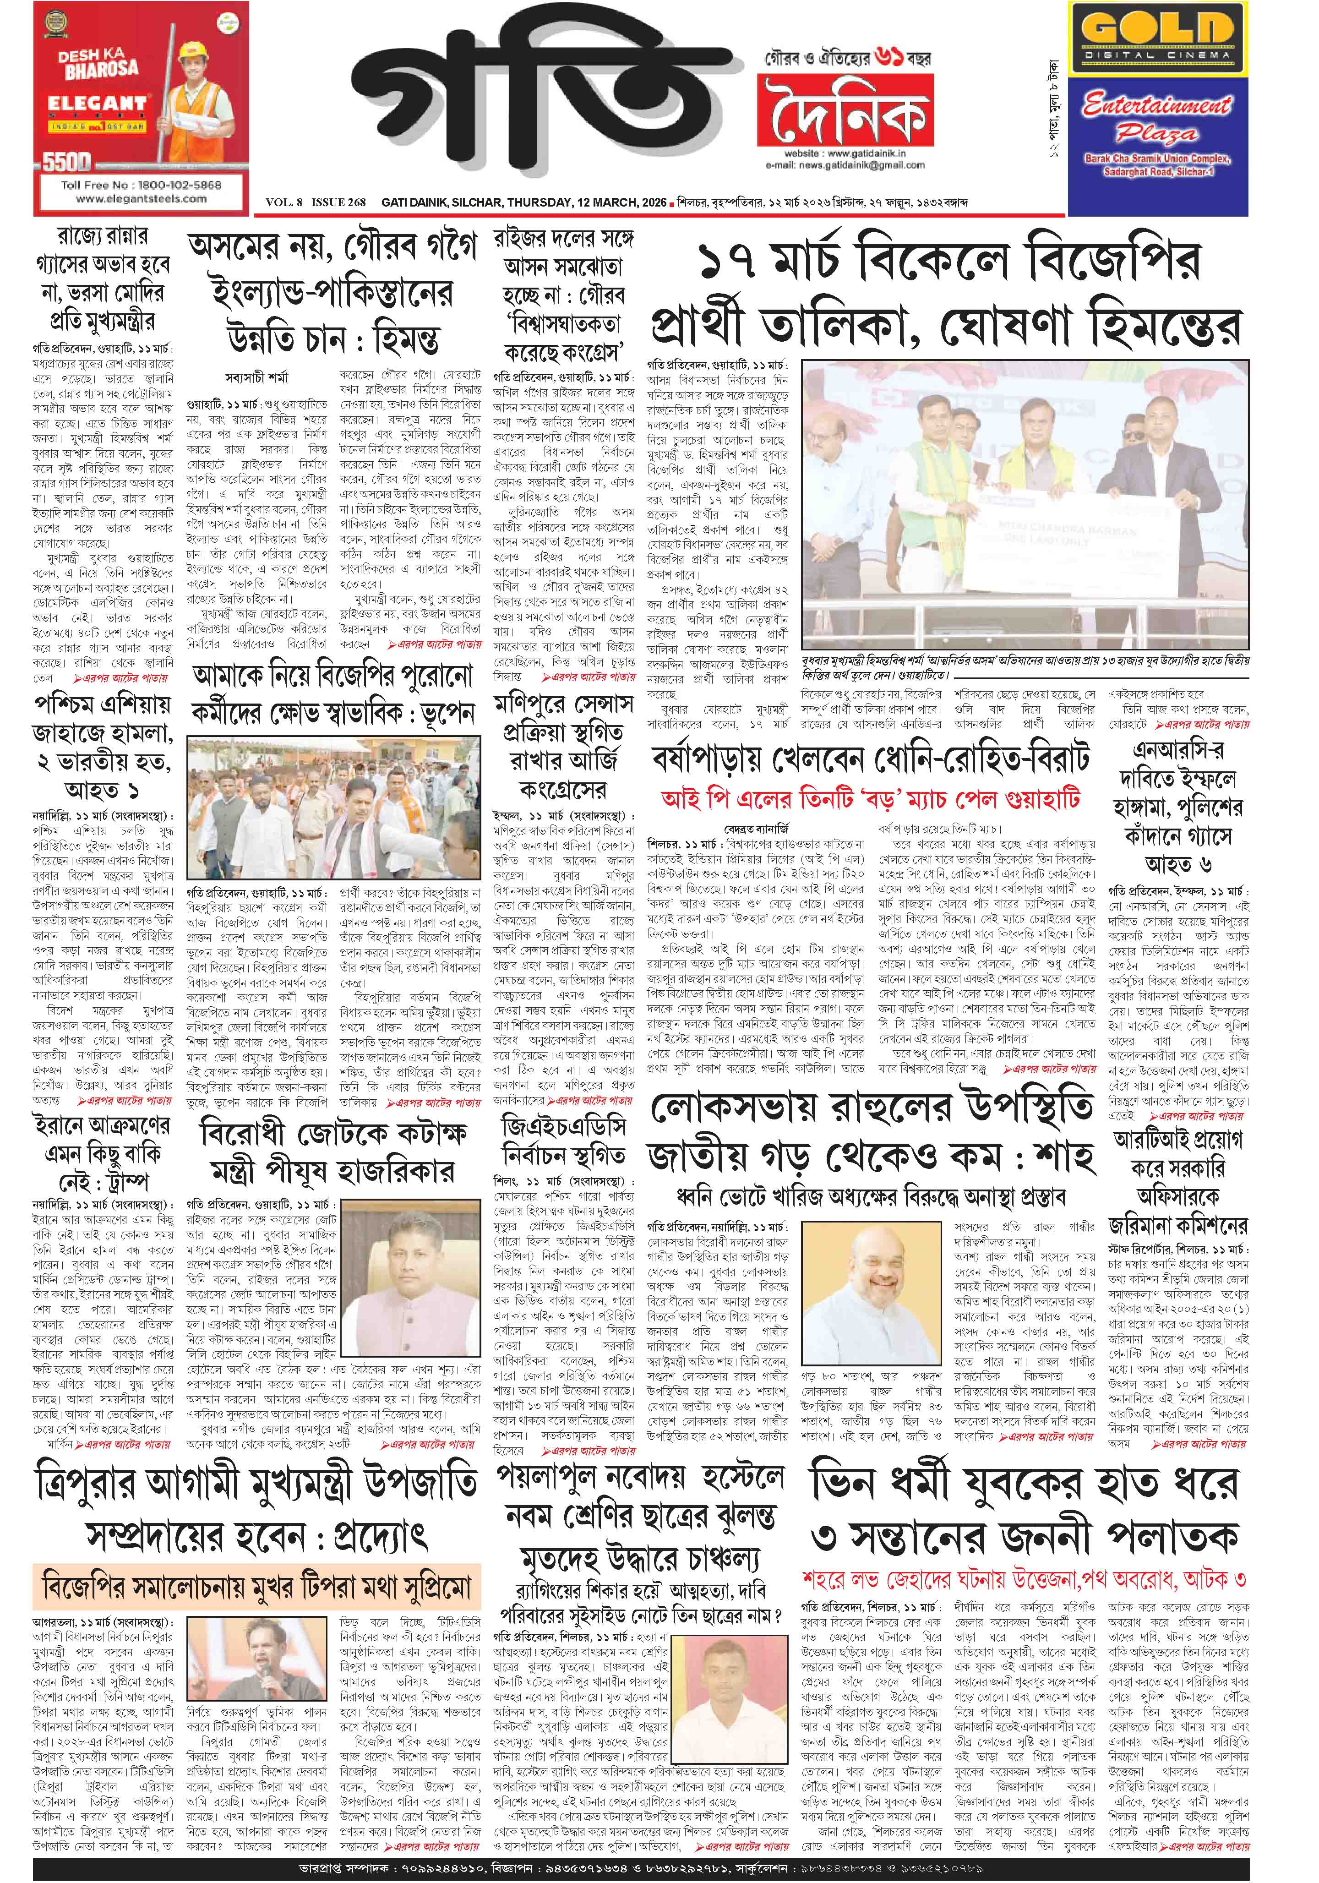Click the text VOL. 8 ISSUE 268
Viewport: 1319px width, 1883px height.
316,202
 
